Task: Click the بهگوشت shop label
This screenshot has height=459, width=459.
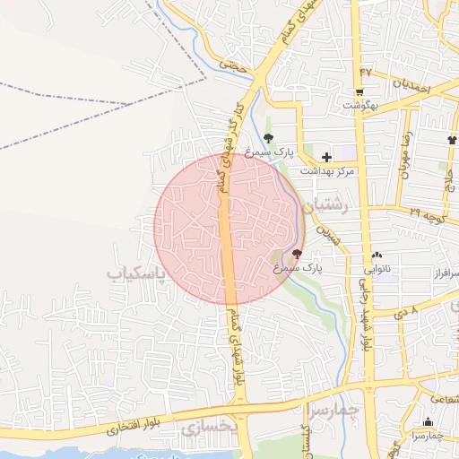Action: [x=361, y=105]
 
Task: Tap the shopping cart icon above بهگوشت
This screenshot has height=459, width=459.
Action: [x=359, y=92]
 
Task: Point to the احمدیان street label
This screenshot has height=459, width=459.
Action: [x=411, y=88]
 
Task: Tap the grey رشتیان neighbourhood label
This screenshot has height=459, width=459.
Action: [x=325, y=207]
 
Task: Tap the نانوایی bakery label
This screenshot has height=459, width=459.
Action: [x=377, y=268]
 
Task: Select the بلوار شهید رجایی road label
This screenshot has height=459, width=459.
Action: [x=366, y=313]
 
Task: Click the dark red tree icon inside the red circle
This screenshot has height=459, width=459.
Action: [x=297, y=255]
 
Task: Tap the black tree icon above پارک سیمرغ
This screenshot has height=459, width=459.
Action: [x=269, y=137]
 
